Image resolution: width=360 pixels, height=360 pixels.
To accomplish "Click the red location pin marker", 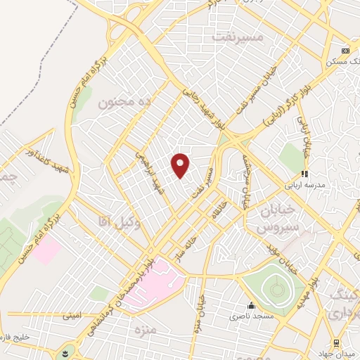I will point(181,165).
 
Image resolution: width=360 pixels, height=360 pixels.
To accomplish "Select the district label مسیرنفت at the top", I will point(260,36).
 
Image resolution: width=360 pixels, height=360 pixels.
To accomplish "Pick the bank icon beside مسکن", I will point(345,51).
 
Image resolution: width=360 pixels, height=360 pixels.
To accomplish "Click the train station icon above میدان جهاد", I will point(336,342).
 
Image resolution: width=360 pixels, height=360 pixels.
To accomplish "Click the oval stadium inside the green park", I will point(275,288).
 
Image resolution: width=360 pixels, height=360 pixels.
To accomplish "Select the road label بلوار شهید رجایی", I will point(201,103).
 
